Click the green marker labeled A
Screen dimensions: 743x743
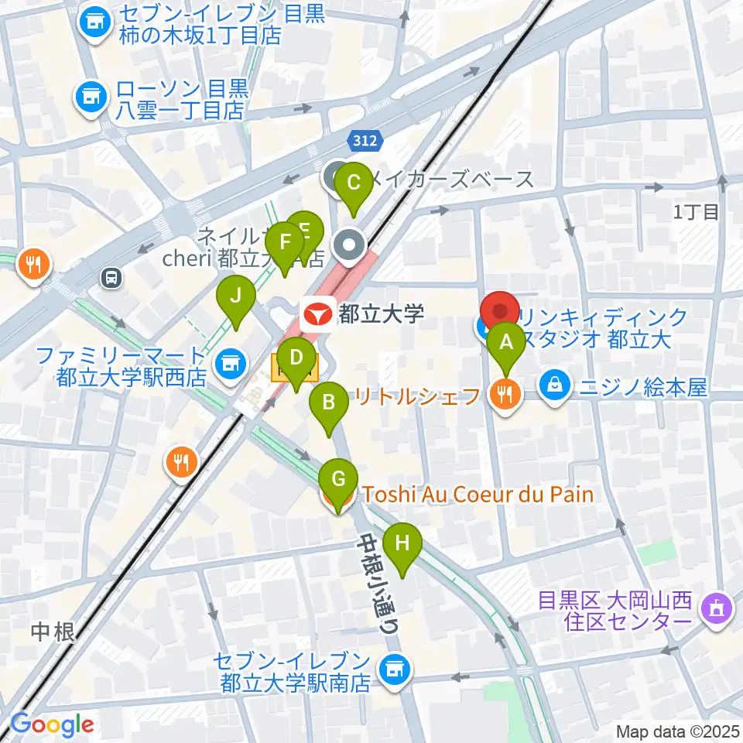[x=507, y=341]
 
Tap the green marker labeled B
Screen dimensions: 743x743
[x=328, y=402]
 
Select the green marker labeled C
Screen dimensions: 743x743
[x=354, y=183]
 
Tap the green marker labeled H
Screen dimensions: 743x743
[x=402, y=543]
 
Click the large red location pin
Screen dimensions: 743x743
[x=500, y=311]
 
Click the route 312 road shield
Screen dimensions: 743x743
[x=363, y=140]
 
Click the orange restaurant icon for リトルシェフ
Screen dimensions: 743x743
[x=505, y=397]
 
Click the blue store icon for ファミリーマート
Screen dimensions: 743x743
[x=228, y=361]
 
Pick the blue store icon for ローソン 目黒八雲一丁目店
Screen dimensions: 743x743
[x=89, y=97]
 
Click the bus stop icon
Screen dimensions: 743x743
[x=112, y=278]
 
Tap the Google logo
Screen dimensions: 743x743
[x=51, y=725]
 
